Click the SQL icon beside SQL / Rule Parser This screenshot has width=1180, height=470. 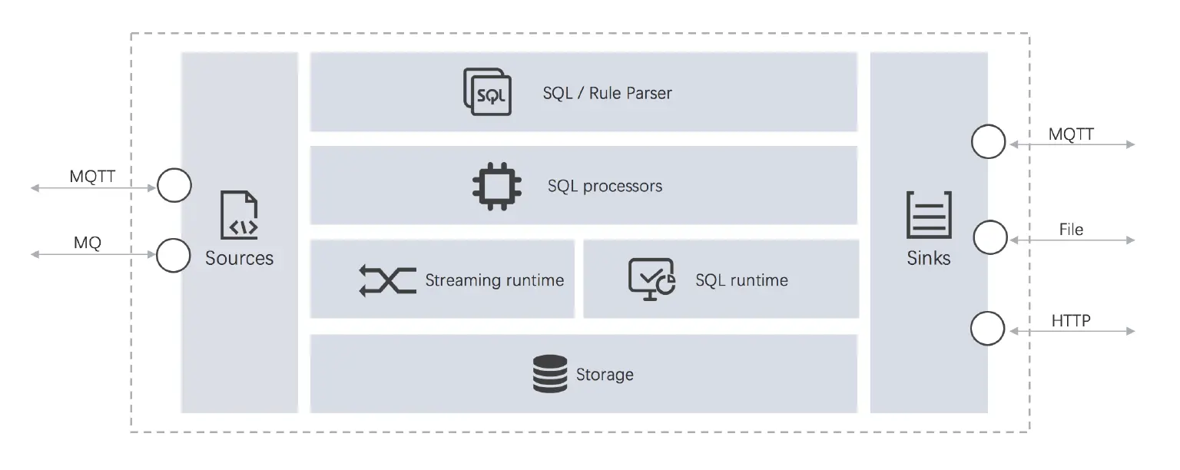(x=488, y=92)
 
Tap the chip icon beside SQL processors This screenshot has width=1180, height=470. (x=496, y=186)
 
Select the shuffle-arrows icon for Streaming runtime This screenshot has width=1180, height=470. (x=387, y=280)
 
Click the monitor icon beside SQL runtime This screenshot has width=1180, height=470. (x=651, y=279)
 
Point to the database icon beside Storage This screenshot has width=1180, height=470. (x=550, y=374)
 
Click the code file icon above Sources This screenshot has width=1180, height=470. (x=239, y=216)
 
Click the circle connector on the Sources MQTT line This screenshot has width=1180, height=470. (x=174, y=185)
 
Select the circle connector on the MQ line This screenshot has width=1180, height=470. (x=174, y=255)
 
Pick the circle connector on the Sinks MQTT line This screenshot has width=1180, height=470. (x=988, y=142)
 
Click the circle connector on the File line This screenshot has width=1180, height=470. (x=990, y=237)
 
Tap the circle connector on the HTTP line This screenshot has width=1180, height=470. (x=988, y=329)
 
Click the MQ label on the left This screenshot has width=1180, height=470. (x=87, y=243)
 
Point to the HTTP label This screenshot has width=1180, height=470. (x=1071, y=320)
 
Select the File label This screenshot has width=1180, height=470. (x=1071, y=229)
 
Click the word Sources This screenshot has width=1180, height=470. (x=239, y=258)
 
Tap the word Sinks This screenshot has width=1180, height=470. (x=929, y=258)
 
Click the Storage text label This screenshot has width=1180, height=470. (x=605, y=375)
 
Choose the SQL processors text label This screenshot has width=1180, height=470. (x=605, y=186)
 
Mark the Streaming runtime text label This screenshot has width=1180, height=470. (x=495, y=280)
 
